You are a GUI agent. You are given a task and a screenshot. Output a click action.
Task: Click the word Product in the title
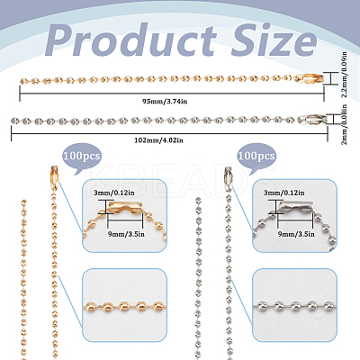tap(131, 40)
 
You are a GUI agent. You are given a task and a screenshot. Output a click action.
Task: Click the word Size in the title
tap(274, 40)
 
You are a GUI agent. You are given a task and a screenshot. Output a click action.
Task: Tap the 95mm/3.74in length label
tap(165, 101)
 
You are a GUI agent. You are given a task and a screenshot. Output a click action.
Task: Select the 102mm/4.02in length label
tap(158, 140)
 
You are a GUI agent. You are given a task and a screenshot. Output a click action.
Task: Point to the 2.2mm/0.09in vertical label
tap(345, 75)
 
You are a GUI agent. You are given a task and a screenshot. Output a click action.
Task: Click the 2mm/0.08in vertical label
tap(345, 124)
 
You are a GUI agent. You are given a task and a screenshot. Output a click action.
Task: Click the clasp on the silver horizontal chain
tap(312, 119)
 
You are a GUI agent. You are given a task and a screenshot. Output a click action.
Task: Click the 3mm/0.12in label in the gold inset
tap(114, 193)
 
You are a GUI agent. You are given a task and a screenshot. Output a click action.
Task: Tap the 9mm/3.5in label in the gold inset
tap(126, 234)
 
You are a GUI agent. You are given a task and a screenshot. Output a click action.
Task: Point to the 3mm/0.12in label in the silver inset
tap(284, 193)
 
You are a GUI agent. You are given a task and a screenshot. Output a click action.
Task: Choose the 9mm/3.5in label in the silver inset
tap(296, 234)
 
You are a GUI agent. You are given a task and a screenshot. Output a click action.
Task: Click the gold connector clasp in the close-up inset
tap(125, 209)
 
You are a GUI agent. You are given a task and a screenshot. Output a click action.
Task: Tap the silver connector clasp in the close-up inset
tap(295, 209)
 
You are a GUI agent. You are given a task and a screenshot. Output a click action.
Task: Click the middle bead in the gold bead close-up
tap(124, 306)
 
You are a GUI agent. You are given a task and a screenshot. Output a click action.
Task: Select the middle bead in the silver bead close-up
tap(295, 307)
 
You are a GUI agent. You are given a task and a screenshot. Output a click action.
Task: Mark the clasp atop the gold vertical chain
tap(53, 175)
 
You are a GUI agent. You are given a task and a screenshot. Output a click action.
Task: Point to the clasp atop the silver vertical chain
tap(229, 175)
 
